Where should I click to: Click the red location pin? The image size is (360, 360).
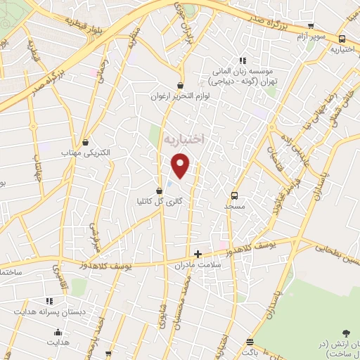[x=181, y=165]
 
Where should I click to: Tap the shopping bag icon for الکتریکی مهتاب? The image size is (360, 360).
[x=86, y=142]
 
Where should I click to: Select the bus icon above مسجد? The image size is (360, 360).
[x=234, y=196]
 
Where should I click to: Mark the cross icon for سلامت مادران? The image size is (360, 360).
[x=198, y=254]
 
